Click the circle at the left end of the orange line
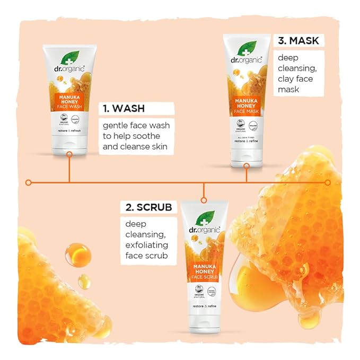(x=29, y=182)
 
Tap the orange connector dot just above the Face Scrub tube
(x=203, y=200)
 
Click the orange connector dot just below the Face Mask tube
(x=247, y=166)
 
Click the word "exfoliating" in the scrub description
(x=147, y=245)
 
